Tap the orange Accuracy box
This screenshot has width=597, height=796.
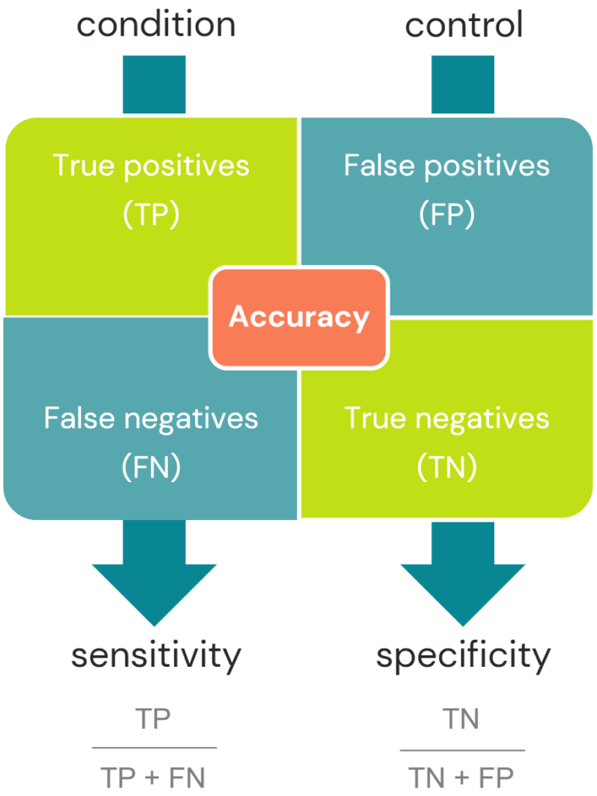point(298,317)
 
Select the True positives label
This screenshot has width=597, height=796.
point(151,166)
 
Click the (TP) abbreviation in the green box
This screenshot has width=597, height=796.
point(151,215)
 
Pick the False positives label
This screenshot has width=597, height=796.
point(447,166)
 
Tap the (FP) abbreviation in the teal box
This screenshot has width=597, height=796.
point(447,215)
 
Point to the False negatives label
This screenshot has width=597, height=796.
point(151,418)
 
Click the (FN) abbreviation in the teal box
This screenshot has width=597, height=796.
point(151,467)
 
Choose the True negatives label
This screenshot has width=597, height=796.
point(447,418)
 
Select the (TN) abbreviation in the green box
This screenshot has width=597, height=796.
point(447,467)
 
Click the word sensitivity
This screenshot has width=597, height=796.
point(155,656)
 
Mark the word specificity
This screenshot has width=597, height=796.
point(463,656)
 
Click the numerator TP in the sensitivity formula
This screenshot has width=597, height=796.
point(153,720)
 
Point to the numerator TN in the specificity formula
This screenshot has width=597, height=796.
point(462,720)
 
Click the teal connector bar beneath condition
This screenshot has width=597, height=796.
point(154,84)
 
